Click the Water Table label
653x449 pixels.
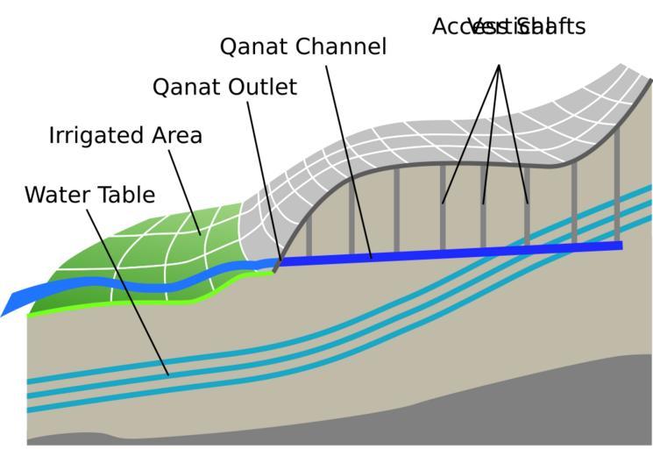pyautogui.click(x=89, y=195)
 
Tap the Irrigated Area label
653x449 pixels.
pyautogui.click(x=125, y=136)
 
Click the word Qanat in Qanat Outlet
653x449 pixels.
pyautogui.click(x=185, y=88)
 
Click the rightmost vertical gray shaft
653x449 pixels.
pyautogui.click(x=617, y=184)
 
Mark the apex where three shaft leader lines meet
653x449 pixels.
pyautogui.click(x=499, y=65)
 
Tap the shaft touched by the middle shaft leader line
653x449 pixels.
pyautogui.click(x=484, y=219)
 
